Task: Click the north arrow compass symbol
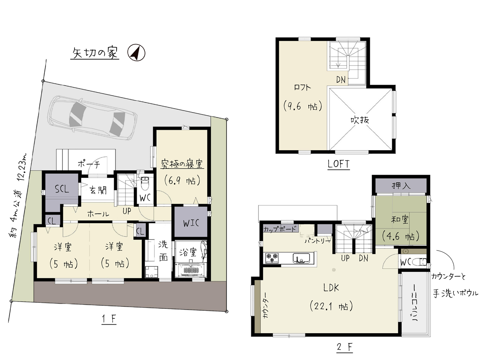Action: pos(136,52)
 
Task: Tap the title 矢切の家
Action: pos(95,53)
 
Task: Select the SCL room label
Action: pos(62,189)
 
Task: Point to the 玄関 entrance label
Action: pos(98,190)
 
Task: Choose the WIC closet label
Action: pos(191,223)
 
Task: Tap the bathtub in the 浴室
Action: pos(191,270)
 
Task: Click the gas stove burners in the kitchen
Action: pos(272,258)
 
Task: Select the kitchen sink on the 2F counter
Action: pos(301,258)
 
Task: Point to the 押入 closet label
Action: pos(401,186)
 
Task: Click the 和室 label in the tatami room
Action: pos(400,219)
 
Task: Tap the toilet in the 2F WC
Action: pos(419,261)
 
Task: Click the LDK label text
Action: pos(331,288)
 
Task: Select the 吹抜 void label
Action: pos(360,120)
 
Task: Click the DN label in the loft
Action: pos(341,80)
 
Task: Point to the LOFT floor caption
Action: pos(338,164)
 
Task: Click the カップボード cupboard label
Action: pos(280,229)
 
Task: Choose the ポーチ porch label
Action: pos(89,164)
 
